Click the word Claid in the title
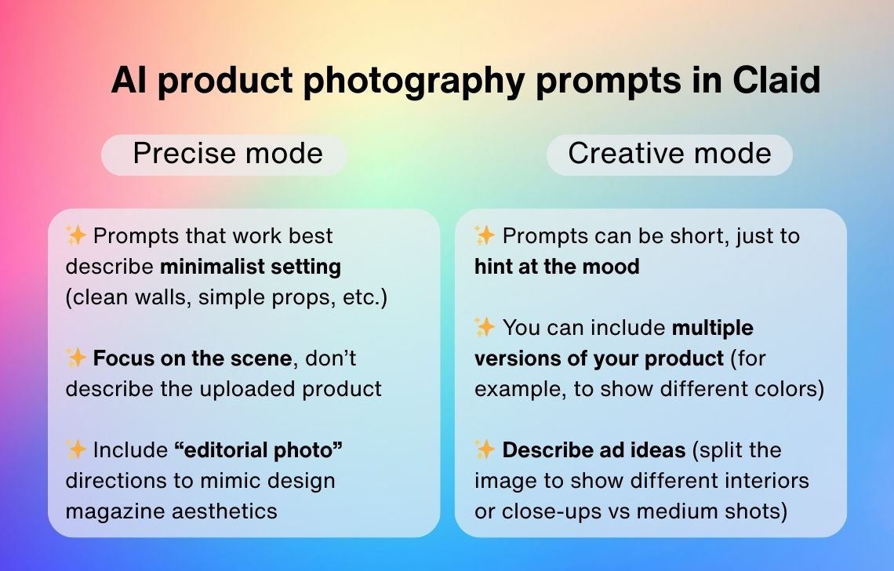coord(776,80)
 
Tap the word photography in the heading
coord(413,82)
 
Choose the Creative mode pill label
coord(670,154)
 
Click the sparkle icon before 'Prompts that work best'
coord(76,235)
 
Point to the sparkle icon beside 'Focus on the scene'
coord(76,358)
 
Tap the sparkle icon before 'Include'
coord(76,449)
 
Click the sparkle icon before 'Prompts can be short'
coord(485,235)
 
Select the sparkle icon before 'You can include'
coord(485,327)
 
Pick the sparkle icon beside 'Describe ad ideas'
coord(485,449)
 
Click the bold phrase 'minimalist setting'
coord(250,267)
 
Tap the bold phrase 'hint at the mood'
coord(557,267)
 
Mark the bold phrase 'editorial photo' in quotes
coord(258,449)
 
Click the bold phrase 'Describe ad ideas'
coord(594,450)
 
